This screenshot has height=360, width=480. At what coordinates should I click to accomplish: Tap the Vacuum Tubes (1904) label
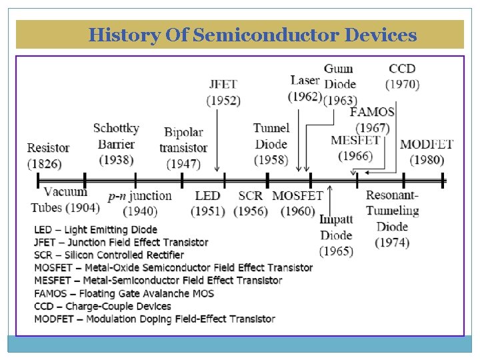click(x=65, y=200)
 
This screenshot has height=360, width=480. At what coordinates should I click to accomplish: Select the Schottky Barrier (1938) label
click(x=116, y=144)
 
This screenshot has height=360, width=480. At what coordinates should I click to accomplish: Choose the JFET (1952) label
click(x=223, y=93)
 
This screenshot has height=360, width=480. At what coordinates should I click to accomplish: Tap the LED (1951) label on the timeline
click(x=207, y=203)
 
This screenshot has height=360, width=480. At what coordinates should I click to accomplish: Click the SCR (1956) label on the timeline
click(x=251, y=203)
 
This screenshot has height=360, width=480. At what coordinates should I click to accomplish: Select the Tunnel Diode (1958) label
click(x=271, y=144)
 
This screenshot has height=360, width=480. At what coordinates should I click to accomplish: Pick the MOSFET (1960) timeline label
click(x=297, y=203)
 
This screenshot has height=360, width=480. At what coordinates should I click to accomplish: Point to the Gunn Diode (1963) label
click(x=339, y=85)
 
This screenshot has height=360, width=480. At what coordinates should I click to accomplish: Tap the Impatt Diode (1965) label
click(x=336, y=235)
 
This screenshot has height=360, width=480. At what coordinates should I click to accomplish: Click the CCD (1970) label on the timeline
click(x=403, y=77)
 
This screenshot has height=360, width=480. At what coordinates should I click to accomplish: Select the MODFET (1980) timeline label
click(x=427, y=152)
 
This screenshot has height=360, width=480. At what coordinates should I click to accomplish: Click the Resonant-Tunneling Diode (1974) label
click(x=392, y=219)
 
